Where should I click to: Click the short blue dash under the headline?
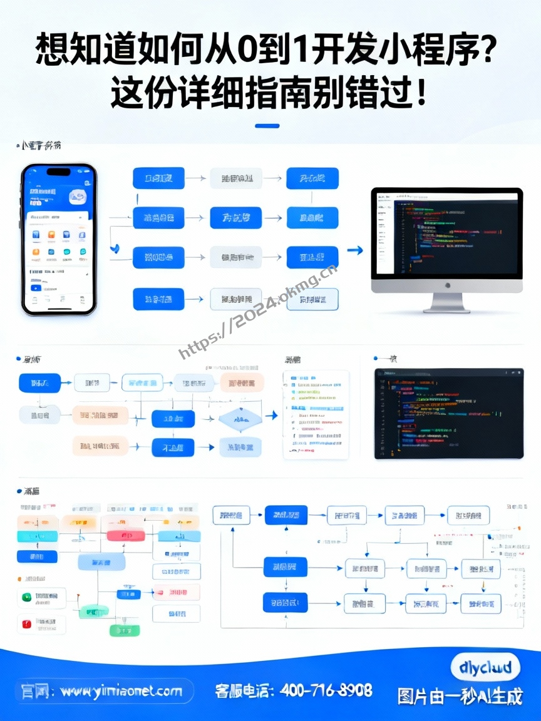click(267, 126)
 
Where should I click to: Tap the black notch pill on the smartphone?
click(59, 171)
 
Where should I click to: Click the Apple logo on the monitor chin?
click(447, 285)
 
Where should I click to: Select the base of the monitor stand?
click(447, 309)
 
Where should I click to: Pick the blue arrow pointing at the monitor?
click(355, 250)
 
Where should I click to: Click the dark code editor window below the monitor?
click(448, 413)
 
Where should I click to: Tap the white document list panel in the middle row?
click(316, 414)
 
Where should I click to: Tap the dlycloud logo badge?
click(485, 667)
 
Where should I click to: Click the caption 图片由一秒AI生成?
click(460, 697)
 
